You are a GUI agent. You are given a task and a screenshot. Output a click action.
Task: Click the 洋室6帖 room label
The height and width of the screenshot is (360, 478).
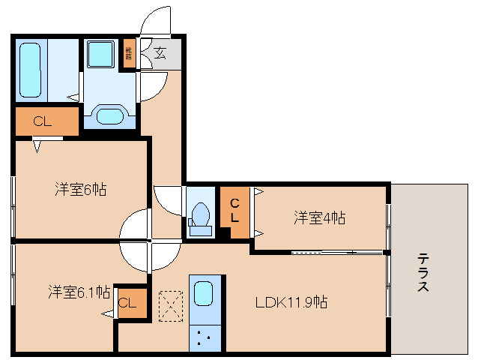[x=80, y=190]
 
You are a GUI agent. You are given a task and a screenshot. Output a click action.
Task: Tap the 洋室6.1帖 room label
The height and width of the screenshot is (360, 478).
[x=79, y=291]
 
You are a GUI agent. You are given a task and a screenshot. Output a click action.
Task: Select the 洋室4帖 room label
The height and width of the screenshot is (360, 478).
[x=319, y=218]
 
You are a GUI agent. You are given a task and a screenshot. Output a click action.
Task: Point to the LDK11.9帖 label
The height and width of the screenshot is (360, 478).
[x=291, y=302]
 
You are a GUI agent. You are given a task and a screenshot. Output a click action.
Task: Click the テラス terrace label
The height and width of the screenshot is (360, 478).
[x=423, y=271]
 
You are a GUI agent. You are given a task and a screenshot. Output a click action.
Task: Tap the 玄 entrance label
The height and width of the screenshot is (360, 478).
[x=160, y=52]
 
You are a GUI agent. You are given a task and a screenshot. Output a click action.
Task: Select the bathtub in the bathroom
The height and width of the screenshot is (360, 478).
[x=31, y=70]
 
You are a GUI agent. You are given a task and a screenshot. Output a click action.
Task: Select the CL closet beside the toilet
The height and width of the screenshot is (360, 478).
[x=235, y=212]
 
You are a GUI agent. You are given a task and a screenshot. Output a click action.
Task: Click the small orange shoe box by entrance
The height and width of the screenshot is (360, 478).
[x=130, y=52]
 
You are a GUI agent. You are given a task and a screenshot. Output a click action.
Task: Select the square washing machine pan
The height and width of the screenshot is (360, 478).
[x=100, y=55]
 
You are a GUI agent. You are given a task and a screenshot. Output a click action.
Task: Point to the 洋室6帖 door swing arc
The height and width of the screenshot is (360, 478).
[x=135, y=225]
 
